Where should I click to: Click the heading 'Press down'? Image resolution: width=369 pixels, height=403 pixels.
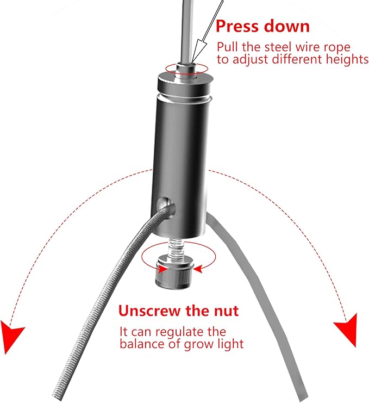[262, 26]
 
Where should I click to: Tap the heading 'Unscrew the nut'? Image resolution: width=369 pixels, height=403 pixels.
[178, 311]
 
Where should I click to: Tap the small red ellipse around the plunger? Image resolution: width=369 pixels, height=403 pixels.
[187, 68]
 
